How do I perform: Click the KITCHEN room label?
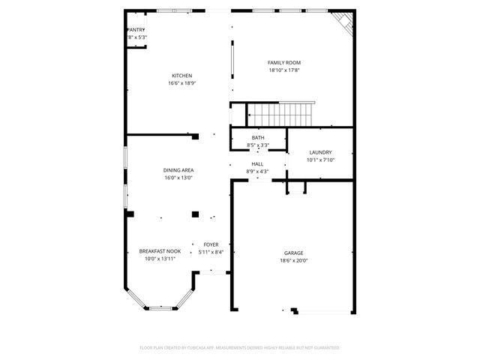(182, 76)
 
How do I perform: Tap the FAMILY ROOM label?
(284, 62)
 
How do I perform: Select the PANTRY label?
(136, 30)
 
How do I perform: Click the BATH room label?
(257, 137)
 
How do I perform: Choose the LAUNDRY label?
(320, 152)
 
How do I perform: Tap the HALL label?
(257, 163)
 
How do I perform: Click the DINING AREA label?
(178, 170)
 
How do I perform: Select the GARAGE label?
(294, 253)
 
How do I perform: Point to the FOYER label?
(211, 244)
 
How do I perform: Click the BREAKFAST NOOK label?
(160, 251)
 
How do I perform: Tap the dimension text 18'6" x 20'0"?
(294, 260)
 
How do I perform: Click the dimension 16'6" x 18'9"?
(182, 83)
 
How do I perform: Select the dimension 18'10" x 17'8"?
(284, 70)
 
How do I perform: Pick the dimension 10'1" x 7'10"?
(320, 160)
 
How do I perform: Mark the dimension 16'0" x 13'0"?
(178, 178)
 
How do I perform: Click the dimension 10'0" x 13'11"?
(160, 259)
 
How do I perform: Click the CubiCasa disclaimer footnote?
(240, 348)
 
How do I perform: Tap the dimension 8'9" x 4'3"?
(257, 171)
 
